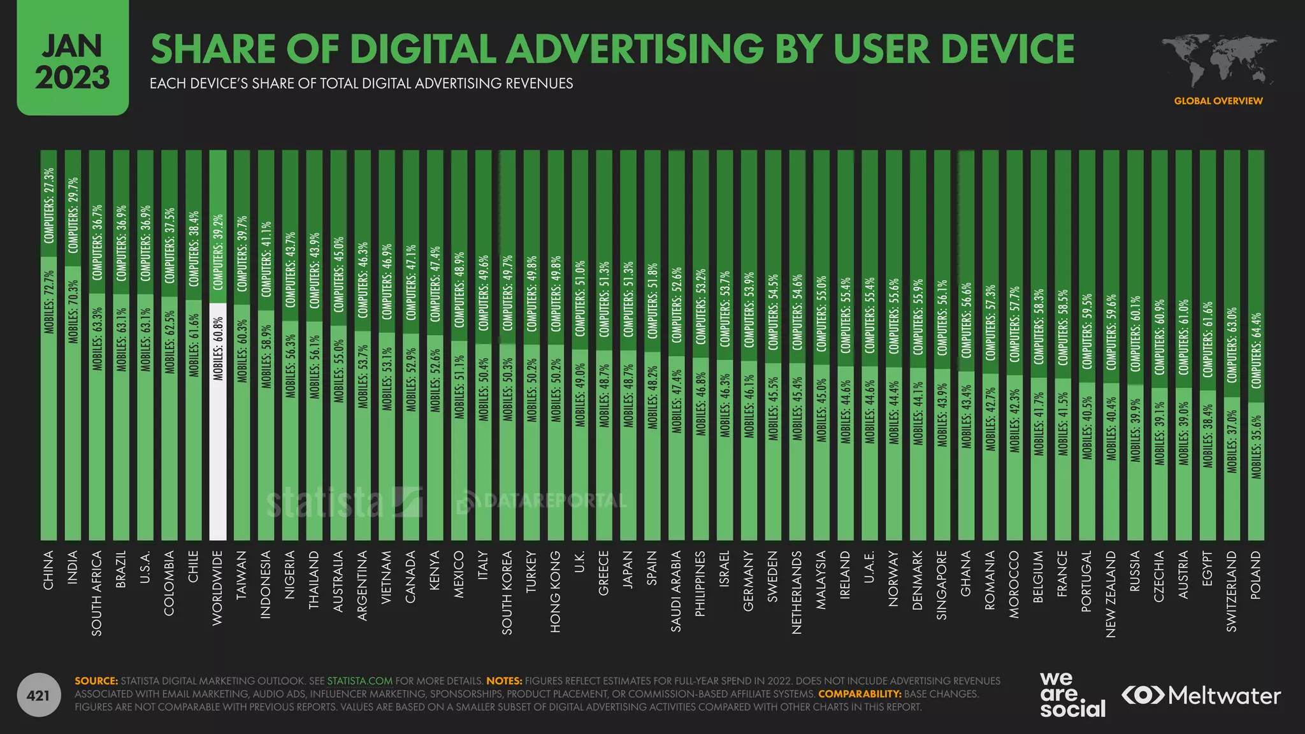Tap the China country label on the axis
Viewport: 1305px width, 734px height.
[48, 570]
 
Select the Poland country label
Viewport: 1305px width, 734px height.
[1255, 575]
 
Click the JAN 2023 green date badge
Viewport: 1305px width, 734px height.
[73, 61]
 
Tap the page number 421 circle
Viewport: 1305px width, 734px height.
[38, 695]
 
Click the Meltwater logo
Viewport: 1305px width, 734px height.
[1200, 695]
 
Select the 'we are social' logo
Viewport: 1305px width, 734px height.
[1072, 695]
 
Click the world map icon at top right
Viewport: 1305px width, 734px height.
[1217, 61]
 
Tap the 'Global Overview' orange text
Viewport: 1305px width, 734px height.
[1218, 101]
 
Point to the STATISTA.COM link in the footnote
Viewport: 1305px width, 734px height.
[359, 681]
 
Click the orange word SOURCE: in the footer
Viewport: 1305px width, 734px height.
[96, 681]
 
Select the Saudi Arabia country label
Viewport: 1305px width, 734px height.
[676, 591]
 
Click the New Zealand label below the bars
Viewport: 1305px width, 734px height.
[1111, 594]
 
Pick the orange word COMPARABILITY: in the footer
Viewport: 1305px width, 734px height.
[860, 694]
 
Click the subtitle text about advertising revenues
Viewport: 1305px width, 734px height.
[361, 83]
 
